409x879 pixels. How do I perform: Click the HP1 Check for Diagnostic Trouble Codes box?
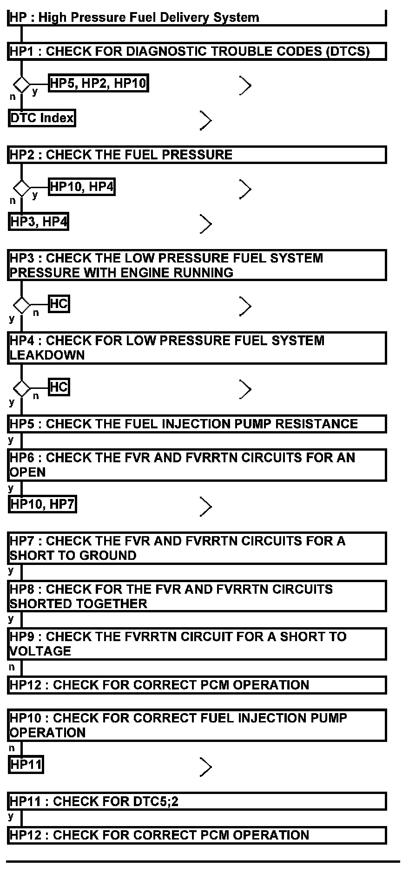pyautogui.click(x=197, y=51)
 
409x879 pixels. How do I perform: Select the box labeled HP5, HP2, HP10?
pyautogui.click(x=98, y=84)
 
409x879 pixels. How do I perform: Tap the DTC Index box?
pyautogui.click(x=42, y=118)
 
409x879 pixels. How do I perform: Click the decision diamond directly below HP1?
pyautogui.click(x=21, y=85)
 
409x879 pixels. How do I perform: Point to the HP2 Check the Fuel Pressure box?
pyautogui.click(x=197, y=155)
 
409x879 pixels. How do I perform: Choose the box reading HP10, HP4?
pyautogui.click(x=81, y=187)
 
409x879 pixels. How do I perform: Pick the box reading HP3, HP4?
pyautogui.click(x=39, y=222)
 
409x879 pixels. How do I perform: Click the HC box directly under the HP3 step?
pyautogui.click(x=59, y=304)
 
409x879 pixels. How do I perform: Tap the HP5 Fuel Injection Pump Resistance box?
pyautogui.click(x=197, y=424)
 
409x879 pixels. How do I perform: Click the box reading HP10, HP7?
pyautogui.click(x=42, y=504)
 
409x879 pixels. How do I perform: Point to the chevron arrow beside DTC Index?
pyautogui.click(x=205, y=120)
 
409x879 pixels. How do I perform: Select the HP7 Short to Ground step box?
pyautogui.click(x=197, y=548)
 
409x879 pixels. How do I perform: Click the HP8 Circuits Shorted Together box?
pyautogui.click(x=197, y=596)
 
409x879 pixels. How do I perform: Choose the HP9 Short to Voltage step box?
pyautogui.click(x=197, y=644)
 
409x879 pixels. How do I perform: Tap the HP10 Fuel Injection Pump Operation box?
pyautogui.click(x=197, y=725)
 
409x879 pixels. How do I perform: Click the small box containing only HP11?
pyautogui.click(x=26, y=765)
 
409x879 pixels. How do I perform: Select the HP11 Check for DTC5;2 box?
pyautogui.click(x=197, y=801)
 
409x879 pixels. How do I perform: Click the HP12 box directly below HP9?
pyautogui.click(x=197, y=685)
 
